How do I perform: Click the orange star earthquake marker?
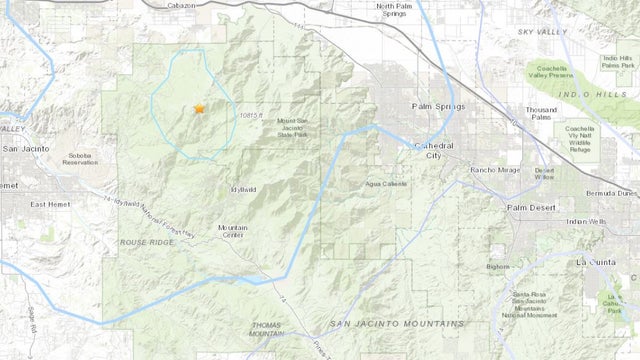199,108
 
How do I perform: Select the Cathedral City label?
434,150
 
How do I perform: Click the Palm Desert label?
530,207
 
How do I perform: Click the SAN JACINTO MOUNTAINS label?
397,325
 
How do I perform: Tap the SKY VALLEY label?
541,33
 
